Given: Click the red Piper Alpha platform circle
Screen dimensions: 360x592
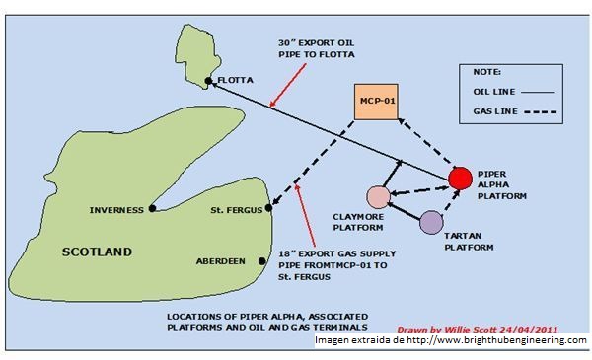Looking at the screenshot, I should (x=459, y=179).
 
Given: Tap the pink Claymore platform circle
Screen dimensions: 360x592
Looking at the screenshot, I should (x=377, y=197).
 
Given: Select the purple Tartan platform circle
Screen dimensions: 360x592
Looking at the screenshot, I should (x=431, y=222).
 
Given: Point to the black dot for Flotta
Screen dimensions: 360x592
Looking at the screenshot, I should (x=208, y=80).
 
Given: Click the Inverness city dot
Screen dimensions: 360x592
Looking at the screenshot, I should (x=152, y=209).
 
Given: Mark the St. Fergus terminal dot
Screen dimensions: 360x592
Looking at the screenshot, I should (x=268, y=209).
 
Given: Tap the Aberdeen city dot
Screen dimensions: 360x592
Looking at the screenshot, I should (x=260, y=261).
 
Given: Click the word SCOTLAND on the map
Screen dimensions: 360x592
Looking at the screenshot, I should (x=97, y=252).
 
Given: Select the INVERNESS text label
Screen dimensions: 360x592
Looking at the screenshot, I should (x=116, y=209).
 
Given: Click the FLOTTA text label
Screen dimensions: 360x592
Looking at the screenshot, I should (x=235, y=80).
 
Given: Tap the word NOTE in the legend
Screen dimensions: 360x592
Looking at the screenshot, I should (x=486, y=72).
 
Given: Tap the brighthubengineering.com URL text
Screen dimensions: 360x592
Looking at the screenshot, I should (x=494, y=340).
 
